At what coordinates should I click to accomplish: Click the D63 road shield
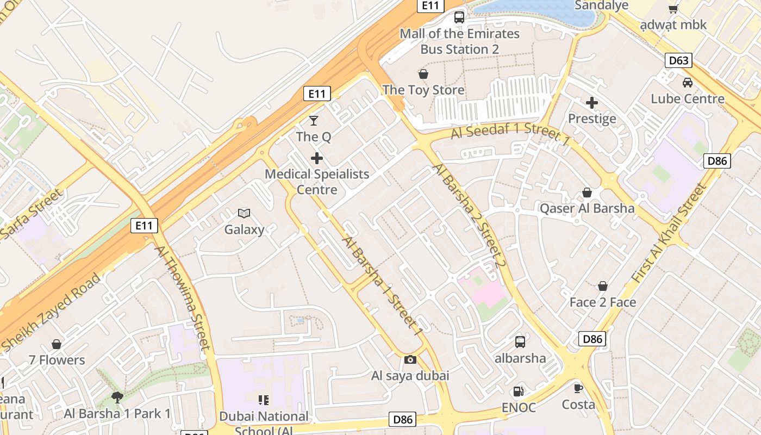(x=679, y=60)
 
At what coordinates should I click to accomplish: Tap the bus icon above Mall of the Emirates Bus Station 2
(x=459, y=17)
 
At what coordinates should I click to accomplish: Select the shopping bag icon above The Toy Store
(x=423, y=74)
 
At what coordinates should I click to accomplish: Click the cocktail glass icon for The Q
(x=314, y=120)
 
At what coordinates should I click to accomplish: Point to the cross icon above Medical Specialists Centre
(x=317, y=158)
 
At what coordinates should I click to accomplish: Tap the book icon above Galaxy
(x=244, y=214)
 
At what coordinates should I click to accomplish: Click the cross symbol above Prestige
(x=592, y=102)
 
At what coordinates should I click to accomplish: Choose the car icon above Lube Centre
(x=688, y=83)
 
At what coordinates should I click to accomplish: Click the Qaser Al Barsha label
(x=587, y=208)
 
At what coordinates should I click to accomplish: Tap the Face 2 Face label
(x=602, y=302)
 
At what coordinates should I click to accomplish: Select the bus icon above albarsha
(x=520, y=342)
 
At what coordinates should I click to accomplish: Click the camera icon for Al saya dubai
(x=410, y=359)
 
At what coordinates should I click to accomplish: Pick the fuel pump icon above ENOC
(x=519, y=391)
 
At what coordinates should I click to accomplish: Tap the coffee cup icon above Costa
(x=578, y=388)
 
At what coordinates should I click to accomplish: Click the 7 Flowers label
(x=57, y=360)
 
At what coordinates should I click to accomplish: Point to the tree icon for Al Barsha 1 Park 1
(x=117, y=397)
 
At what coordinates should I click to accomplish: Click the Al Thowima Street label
(x=182, y=296)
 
